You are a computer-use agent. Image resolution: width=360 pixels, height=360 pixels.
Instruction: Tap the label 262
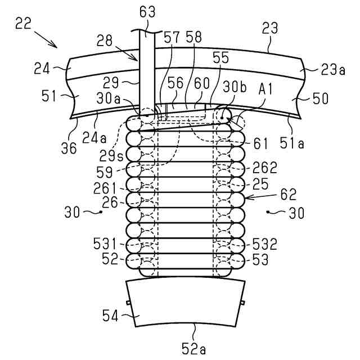tap(264, 167)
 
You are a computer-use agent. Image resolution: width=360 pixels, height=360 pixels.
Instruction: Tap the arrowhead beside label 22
tap(56, 46)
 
